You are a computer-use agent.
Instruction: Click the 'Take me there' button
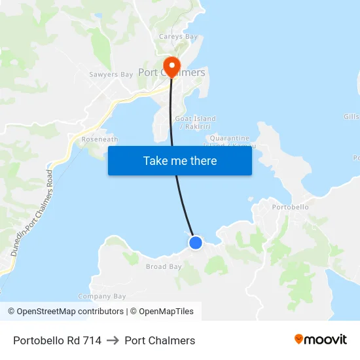[x=179, y=161]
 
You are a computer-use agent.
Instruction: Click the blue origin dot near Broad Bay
[x=195, y=243]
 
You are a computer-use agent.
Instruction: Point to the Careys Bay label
[x=178, y=37]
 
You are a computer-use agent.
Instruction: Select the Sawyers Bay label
[x=111, y=75]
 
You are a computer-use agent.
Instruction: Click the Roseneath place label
[x=99, y=139]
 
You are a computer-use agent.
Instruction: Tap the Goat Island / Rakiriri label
[x=195, y=122]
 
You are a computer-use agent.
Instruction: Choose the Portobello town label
[x=289, y=207]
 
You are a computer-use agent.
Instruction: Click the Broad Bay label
[x=164, y=266]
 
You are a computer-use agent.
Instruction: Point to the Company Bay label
[x=101, y=297]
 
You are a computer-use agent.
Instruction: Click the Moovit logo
[x=320, y=340]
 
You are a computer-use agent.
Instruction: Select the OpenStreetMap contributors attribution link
[x=65, y=312]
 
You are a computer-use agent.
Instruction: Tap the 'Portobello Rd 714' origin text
[x=57, y=340]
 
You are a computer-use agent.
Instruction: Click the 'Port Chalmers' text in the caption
[x=160, y=340]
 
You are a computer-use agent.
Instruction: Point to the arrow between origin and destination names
[x=113, y=340]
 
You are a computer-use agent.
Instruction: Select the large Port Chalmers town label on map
[x=172, y=73]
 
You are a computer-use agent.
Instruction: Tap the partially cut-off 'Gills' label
[x=351, y=117]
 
